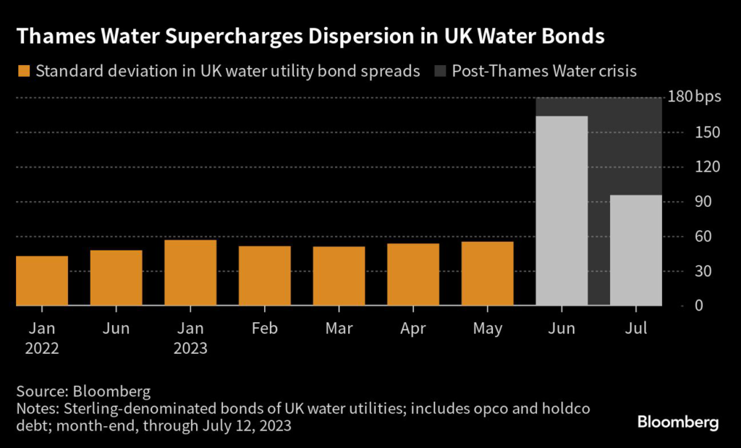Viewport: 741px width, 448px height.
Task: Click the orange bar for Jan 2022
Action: pyautogui.click(x=42, y=281)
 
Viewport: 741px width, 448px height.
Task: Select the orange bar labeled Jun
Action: pyautogui.click(x=116, y=278)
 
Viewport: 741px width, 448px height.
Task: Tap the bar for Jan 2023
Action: pyautogui.click(x=190, y=273)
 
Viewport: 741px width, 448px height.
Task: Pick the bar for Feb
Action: pyautogui.click(x=265, y=276)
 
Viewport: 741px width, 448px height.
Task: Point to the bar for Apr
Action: pyautogui.click(x=413, y=274)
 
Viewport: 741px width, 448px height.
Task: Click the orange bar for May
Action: pyautogui.click(x=488, y=274)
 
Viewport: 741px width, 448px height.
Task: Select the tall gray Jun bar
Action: pyautogui.click(x=562, y=211)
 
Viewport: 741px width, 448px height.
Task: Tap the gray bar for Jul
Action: pyautogui.click(x=636, y=250)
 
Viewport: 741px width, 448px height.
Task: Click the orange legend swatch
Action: pyautogui.click(x=24, y=72)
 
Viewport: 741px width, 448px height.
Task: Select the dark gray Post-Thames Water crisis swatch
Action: pyautogui.click(x=441, y=72)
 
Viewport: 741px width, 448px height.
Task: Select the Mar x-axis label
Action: pyautogui.click(x=339, y=329)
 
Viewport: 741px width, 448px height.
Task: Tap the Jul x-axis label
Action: pyautogui.click(x=636, y=329)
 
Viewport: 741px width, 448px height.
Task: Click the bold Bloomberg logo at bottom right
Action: pyautogui.click(x=678, y=422)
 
